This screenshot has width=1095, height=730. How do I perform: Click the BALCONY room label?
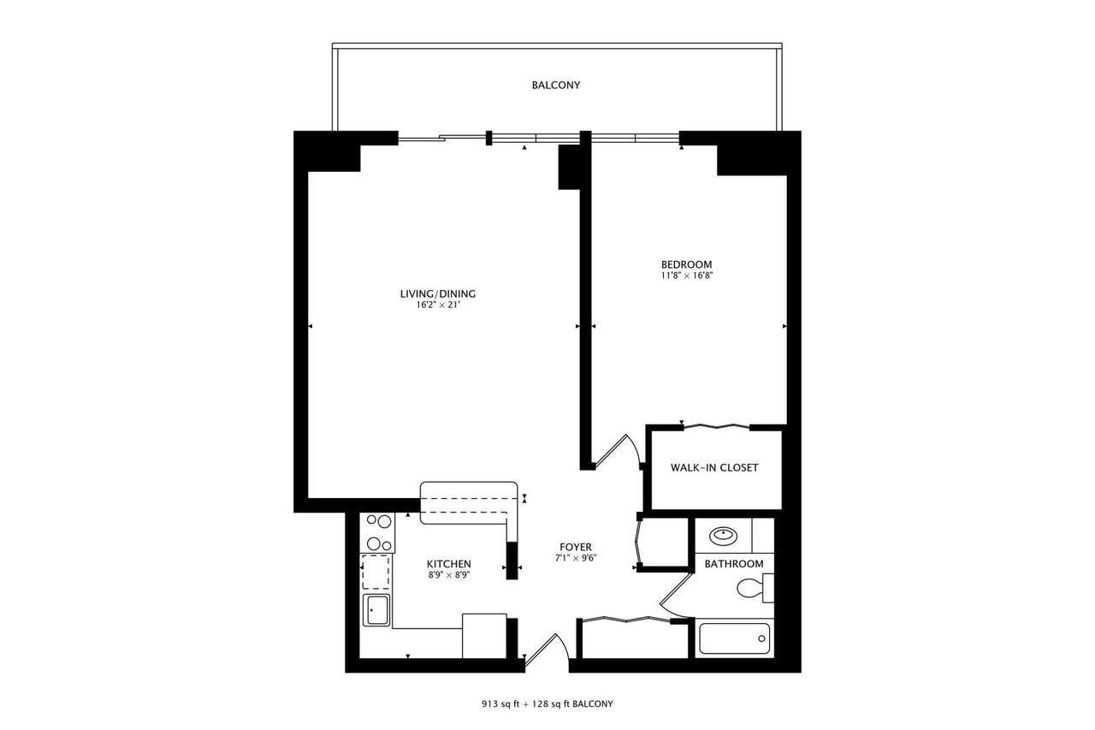point(556,86)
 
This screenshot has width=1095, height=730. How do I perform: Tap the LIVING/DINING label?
point(437,294)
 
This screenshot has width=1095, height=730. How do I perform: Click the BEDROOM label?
point(686,264)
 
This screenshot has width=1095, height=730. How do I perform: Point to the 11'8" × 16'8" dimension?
point(686,275)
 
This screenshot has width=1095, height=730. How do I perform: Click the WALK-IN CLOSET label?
point(714,468)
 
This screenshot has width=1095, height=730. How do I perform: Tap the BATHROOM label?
point(733,564)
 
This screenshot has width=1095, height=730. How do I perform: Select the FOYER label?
point(575,547)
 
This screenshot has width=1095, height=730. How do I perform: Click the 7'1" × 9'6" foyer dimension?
point(575,558)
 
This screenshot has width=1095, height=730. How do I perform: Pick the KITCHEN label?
point(449,564)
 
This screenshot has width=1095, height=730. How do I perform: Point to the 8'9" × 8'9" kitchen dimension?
point(449,575)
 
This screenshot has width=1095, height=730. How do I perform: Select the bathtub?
point(734,638)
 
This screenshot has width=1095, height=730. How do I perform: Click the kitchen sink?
point(376,611)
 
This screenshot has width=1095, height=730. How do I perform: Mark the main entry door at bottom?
point(545,648)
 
